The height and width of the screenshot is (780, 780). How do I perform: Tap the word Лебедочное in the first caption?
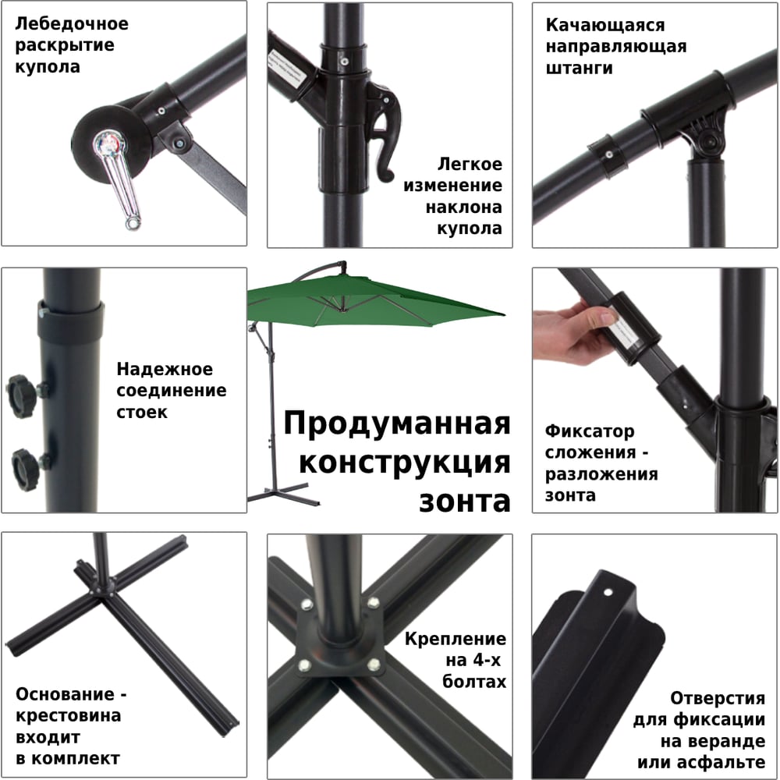[x=72, y=24]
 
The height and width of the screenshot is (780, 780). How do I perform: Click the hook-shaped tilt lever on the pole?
[x=384, y=134]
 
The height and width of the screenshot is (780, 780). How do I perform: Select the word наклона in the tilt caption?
[x=463, y=207]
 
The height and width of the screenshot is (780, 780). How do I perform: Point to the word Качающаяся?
[x=605, y=26]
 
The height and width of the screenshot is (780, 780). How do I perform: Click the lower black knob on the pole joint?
[x=25, y=470]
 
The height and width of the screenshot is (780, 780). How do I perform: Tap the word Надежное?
[x=165, y=370]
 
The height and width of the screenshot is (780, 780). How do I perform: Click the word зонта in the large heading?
[x=465, y=502]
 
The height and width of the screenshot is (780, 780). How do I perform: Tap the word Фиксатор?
[x=590, y=431]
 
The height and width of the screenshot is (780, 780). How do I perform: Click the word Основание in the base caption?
[x=66, y=694]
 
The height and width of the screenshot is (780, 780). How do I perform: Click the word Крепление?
[x=456, y=640]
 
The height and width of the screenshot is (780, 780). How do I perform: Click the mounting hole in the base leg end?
[x=608, y=593]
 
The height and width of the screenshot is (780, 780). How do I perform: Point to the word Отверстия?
[x=718, y=698]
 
